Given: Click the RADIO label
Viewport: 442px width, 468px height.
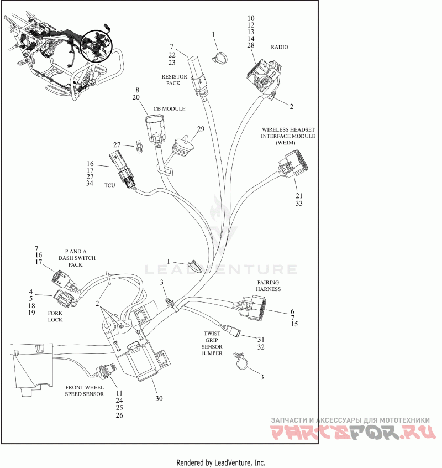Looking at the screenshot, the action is coord(279,47).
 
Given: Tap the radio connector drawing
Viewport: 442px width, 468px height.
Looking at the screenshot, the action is coord(264,76).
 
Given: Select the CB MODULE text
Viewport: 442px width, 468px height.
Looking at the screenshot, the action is coord(169,108).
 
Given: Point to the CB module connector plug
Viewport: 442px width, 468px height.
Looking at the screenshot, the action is coord(155,129).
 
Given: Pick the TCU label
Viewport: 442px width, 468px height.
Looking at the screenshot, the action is coord(110,185).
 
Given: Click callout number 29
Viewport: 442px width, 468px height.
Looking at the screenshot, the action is coord(201,129).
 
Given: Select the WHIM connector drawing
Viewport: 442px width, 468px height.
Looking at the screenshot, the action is coord(293,165).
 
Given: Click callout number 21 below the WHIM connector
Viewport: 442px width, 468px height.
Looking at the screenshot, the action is coord(299,196).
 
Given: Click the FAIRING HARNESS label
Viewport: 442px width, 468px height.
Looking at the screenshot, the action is coord(269,285).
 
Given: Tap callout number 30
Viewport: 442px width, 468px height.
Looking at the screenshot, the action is coord(159,398).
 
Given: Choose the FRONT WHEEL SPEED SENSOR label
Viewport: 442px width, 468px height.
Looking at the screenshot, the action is coord(85,391).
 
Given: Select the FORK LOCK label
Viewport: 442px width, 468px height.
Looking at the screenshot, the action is coord(55,316).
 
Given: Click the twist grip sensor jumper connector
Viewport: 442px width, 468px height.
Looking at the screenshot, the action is coord(233,330).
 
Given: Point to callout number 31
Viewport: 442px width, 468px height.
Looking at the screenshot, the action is coord(261,339).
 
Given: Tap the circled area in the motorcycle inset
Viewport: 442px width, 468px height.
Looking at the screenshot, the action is coord(96,45).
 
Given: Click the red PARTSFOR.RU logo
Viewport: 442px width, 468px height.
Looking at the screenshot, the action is coord(353,432).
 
